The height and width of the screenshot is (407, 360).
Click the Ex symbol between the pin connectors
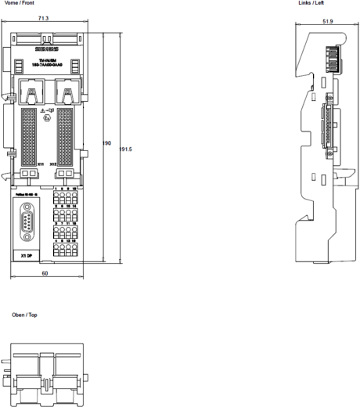(x=52, y=119)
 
